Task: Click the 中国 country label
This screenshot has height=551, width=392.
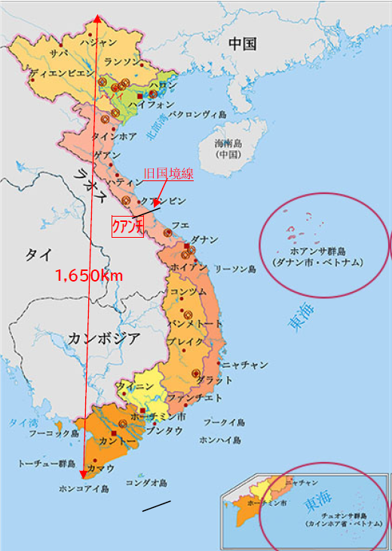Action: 243,44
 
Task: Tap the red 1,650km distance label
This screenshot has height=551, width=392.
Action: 88,276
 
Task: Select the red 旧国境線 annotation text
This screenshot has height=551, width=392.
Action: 168,174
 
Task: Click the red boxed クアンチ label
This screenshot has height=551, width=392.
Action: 127,227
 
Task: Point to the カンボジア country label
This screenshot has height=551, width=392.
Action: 104,337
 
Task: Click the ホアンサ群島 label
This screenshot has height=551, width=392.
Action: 317,251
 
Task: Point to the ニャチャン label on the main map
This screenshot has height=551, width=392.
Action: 245,365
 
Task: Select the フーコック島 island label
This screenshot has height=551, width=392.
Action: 54,434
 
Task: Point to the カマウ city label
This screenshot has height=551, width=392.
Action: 100,468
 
